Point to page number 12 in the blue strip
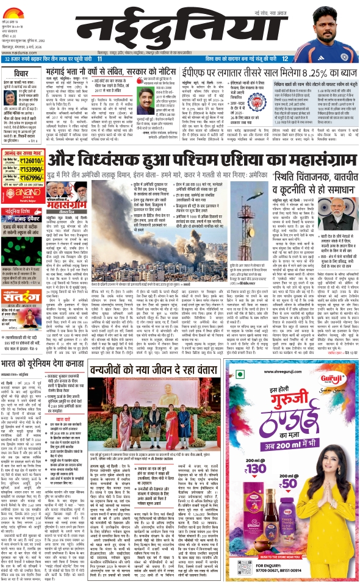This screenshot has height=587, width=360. [x=284, y=59]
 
